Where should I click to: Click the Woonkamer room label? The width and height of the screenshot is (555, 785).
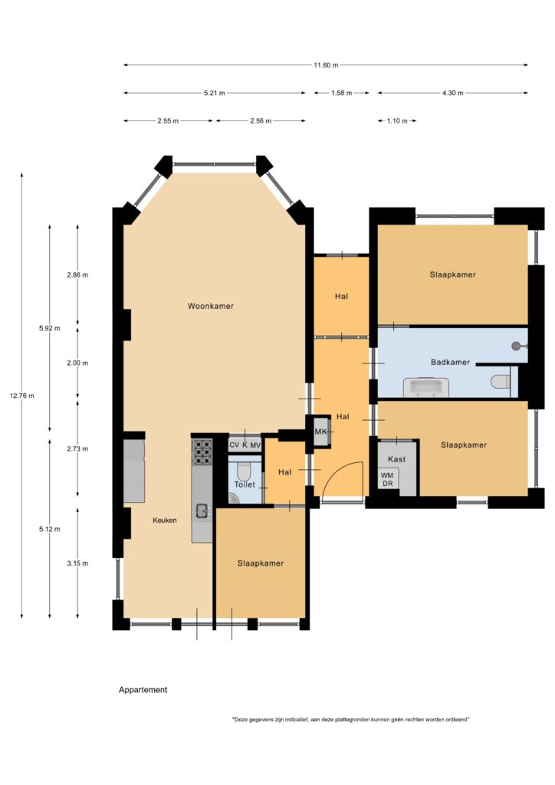coord(210,306)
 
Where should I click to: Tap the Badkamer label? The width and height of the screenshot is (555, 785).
coord(450,362)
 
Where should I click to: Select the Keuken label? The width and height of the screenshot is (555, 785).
coord(165,521)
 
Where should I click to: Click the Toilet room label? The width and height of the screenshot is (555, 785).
coord(245,484)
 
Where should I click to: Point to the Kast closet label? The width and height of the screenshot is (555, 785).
coord(396,459)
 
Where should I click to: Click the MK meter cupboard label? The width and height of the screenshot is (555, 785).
coord(320,432)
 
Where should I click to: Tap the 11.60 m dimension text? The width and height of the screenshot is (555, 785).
coord(326,65)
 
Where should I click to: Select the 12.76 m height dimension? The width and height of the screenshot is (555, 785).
coord(22,396)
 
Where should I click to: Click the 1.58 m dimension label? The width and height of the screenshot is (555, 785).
coord(341,93)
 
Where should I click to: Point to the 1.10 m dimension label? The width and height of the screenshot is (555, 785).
coord(397,121)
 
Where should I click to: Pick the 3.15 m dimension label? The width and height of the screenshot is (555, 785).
coord(77,563)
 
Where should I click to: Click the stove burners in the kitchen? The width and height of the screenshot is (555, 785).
coord(202,452)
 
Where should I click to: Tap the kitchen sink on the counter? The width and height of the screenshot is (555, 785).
coord(202,511)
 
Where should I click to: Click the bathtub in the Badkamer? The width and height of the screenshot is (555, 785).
coord(425,388)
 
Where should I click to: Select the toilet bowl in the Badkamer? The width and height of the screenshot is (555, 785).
coord(500,382)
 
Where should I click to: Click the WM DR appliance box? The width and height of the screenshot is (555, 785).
coord(388,479)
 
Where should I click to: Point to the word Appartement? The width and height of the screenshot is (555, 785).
coord(143,689)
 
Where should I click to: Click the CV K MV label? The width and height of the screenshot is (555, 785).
coord(245,445)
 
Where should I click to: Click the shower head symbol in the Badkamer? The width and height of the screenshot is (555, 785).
coord(517,346)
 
